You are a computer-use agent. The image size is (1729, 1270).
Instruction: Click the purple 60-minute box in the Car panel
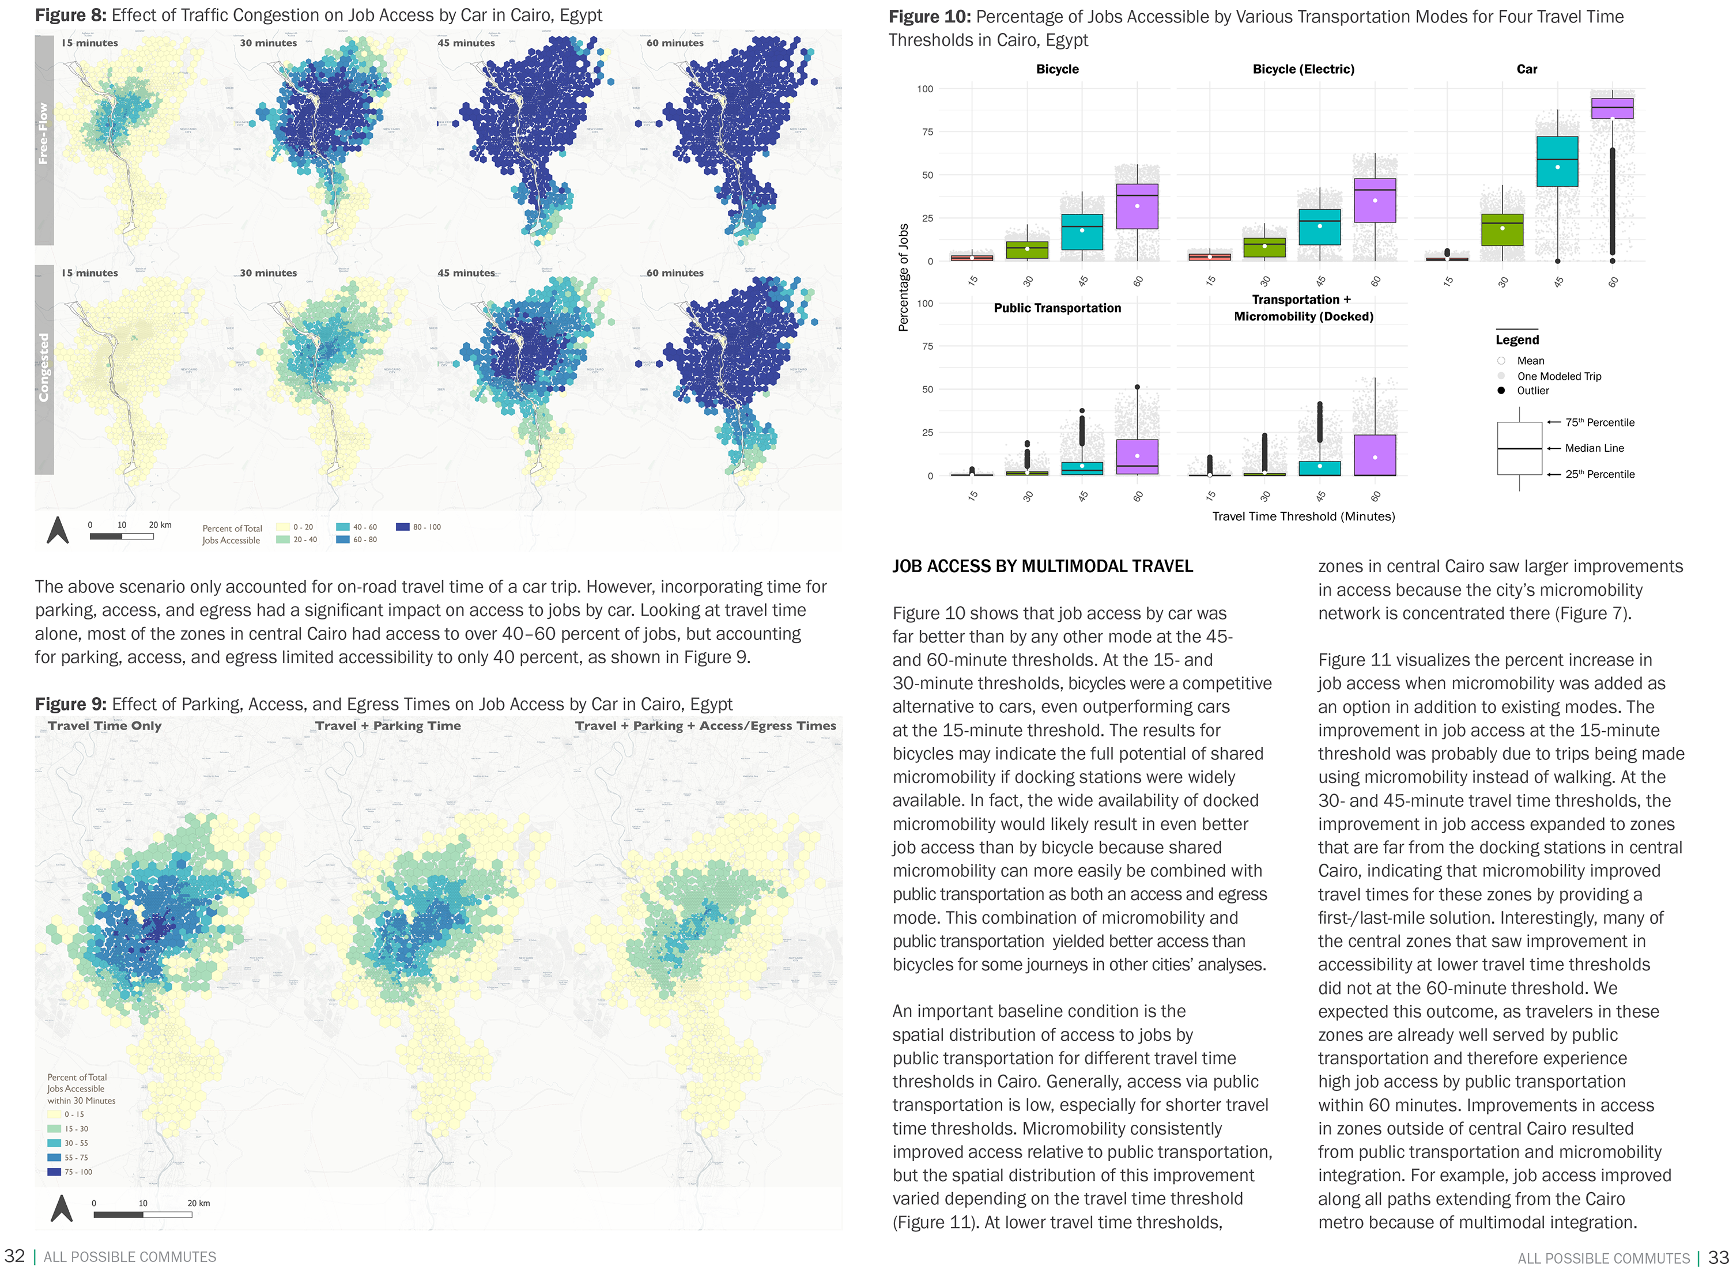point(1611,108)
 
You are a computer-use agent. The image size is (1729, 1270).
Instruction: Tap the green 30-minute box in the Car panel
point(1501,230)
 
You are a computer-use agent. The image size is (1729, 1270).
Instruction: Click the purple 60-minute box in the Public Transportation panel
point(1137,456)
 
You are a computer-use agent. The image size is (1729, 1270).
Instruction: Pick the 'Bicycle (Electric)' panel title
point(1303,69)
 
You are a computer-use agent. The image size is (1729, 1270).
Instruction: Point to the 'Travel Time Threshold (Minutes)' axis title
point(1303,517)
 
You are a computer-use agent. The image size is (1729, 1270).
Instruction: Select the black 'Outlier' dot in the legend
point(1501,391)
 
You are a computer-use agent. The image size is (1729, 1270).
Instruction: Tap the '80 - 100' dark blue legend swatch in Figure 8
point(402,527)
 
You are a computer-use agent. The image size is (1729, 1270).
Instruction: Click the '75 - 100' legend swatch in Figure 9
point(54,1171)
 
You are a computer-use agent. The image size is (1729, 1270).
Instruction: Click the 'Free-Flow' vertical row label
point(44,134)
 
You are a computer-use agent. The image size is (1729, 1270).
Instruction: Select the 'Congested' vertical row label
point(44,368)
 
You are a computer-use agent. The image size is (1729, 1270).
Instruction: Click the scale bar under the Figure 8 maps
point(122,536)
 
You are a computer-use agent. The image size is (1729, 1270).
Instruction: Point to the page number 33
point(1717,1257)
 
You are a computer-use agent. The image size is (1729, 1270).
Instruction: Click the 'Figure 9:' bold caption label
point(71,704)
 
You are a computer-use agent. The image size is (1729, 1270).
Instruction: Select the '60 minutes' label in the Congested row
point(674,273)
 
